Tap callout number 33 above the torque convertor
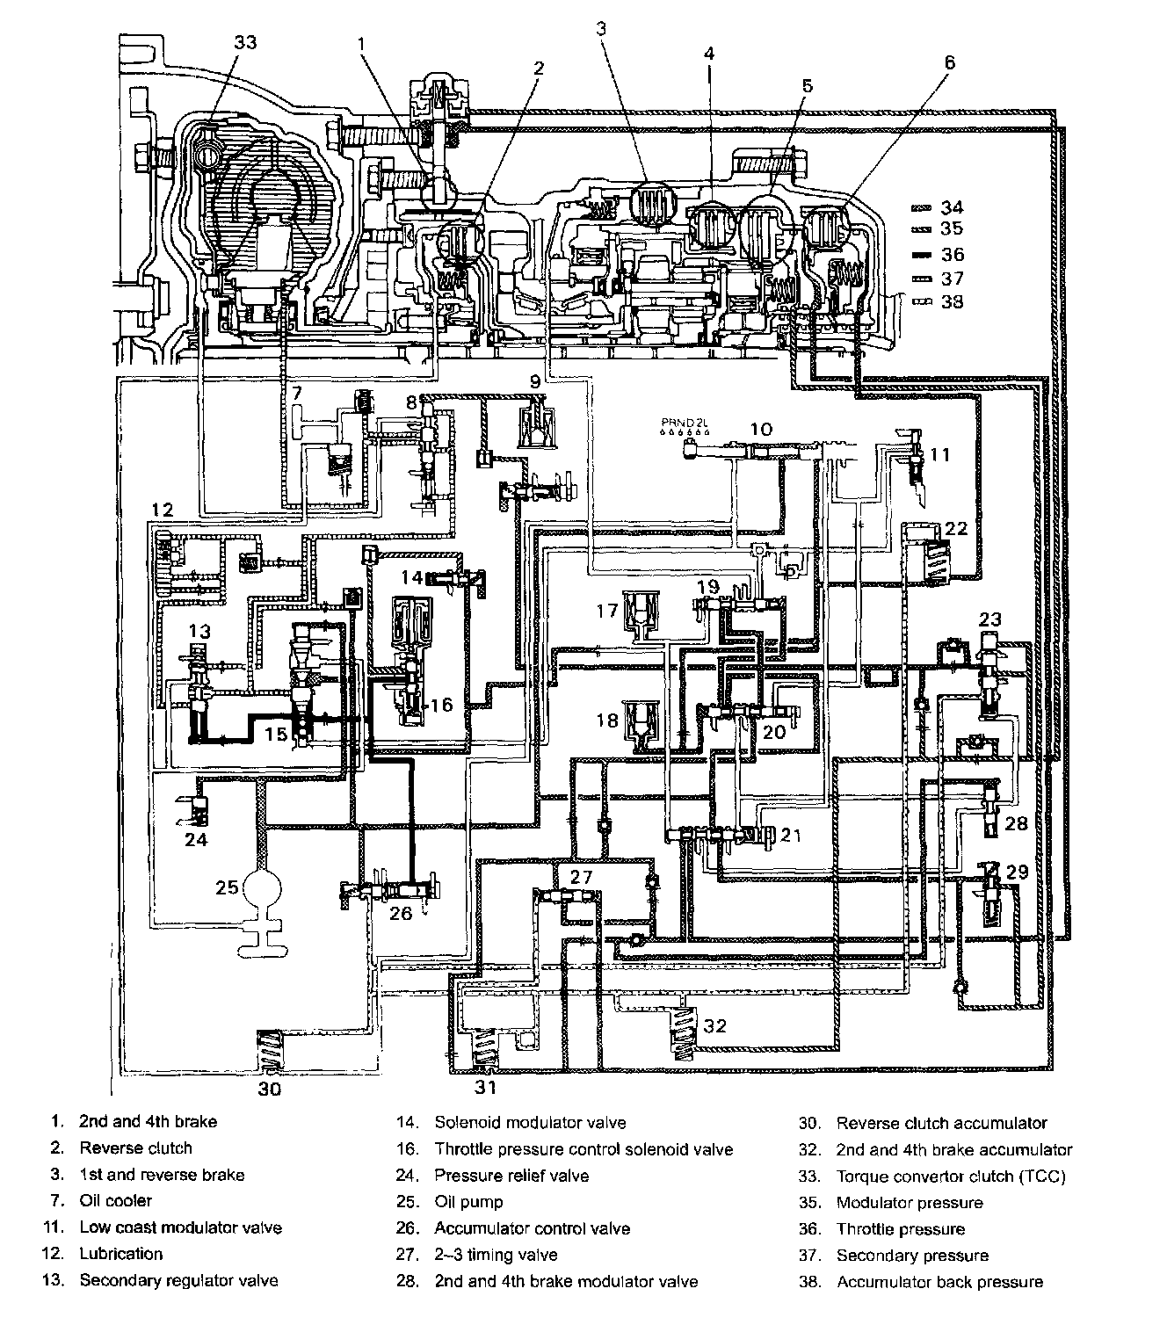pyautogui.click(x=246, y=41)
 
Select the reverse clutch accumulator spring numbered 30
pyautogui.click(x=268, y=1050)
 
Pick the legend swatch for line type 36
pyautogui.click(x=924, y=255)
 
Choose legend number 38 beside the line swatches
pyautogui.click(x=952, y=301)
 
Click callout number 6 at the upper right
pyautogui.click(x=949, y=62)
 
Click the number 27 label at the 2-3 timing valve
pyautogui.click(x=581, y=877)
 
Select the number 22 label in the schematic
pyautogui.click(x=955, y=528)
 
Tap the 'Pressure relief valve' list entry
pyautogui.click(x=511, y=1175)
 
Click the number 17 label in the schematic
pyautogui.click(x=606, y=608)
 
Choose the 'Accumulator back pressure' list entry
pyautogui.click(x=939, y=1282)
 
